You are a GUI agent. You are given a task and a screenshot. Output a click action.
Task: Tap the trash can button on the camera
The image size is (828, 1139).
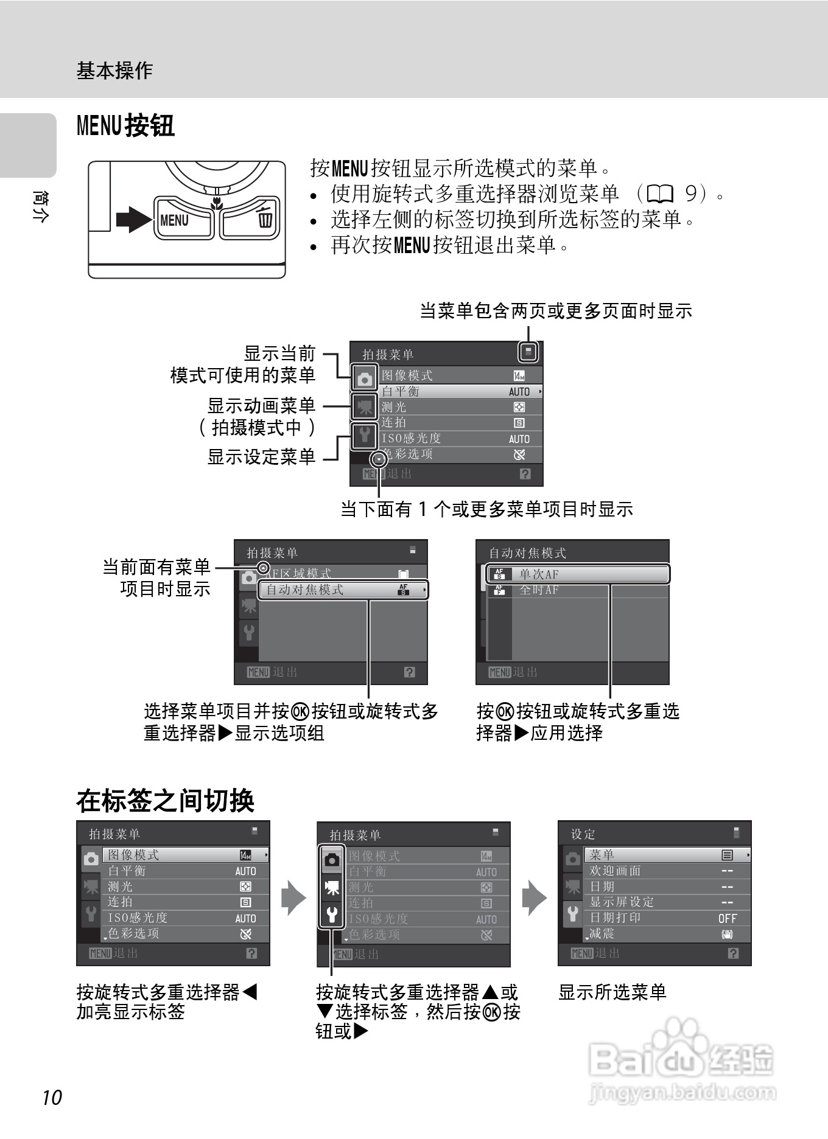251,218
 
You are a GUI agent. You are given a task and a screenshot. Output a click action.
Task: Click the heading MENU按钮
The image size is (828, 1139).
125,126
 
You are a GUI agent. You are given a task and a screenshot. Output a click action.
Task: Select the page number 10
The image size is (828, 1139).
52,1097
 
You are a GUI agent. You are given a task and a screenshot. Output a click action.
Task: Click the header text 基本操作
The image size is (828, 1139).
114,71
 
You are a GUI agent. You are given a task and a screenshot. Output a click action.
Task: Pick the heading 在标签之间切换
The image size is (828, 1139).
165,801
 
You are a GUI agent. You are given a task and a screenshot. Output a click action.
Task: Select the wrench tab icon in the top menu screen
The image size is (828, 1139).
365,436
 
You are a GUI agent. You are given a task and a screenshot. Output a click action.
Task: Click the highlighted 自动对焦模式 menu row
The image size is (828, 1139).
344,590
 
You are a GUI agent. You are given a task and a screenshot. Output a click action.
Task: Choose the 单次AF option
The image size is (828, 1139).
578,574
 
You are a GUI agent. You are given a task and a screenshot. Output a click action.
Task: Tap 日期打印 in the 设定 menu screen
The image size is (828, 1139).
616,918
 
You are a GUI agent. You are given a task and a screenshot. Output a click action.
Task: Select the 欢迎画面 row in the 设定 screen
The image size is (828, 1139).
616,871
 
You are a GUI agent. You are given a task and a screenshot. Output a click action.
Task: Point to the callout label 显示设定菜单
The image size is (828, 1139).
261,456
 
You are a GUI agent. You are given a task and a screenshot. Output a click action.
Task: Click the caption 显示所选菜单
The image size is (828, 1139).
612,992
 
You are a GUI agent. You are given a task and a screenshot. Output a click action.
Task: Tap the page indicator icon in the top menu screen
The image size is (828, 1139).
528,351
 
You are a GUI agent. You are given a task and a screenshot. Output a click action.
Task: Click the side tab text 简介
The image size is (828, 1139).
40,206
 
